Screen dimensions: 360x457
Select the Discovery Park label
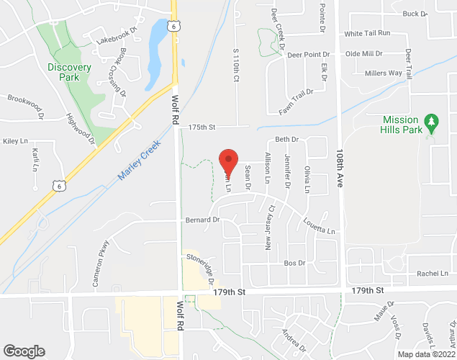[x=70, y=72]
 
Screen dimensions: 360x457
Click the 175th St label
[x=202, y=127]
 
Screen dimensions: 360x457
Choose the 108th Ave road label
[x=340, y=169]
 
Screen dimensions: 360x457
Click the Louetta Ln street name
[x=320, y=227]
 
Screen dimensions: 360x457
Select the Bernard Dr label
[x=202, y=219]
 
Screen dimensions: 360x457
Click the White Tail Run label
[x=367, y=34]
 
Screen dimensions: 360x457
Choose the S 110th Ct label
[x=235, y=64]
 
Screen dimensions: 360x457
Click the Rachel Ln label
[x=432, y=274]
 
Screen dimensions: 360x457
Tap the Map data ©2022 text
[x=426, y=354]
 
